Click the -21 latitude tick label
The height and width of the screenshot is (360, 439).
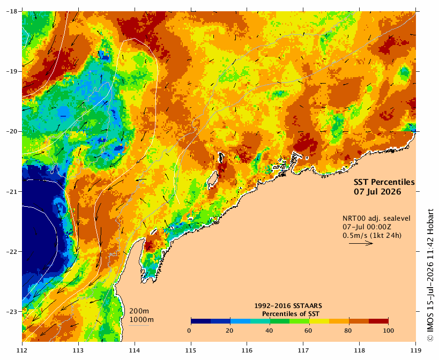coord(12,192)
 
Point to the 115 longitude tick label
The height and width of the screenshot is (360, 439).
coord(191,350)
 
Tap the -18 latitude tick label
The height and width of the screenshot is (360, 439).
coord(12,11)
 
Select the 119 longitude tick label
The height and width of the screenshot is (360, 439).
coord(416,350)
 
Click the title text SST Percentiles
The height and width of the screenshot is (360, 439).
coord(384,182)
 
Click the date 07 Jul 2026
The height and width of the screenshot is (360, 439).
coord(377,192)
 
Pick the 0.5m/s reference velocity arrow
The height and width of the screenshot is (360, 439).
coord(361,243)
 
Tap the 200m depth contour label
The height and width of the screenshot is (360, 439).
coord(139,311)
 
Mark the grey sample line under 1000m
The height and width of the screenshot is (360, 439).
coord(139,325)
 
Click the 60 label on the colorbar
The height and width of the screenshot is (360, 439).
coord(308,331)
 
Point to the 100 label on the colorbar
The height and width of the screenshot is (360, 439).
coord(388,331)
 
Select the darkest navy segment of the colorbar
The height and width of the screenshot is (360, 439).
coord(201,321)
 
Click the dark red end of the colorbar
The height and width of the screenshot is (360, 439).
coord(378,321)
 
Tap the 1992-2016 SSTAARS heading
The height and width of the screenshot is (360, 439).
coord(288,306)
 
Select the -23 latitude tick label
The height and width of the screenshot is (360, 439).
coord(12,312)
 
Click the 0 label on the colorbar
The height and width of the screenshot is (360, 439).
coord(189,331)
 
